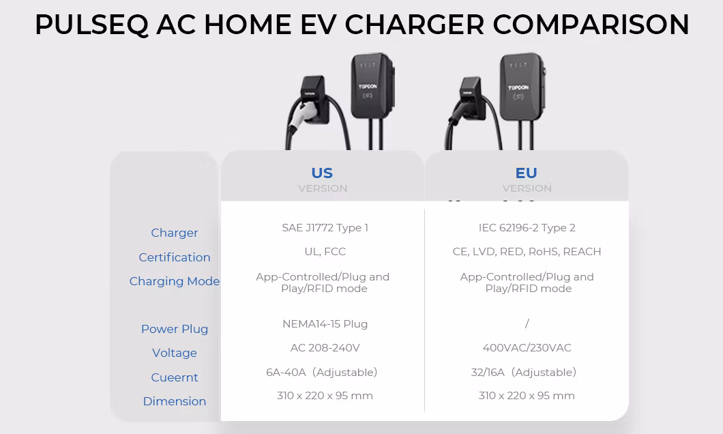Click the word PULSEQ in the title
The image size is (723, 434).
91,25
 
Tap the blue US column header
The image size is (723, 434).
322,173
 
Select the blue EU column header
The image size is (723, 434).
527,173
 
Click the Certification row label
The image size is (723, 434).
175,257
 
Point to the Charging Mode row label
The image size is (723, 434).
175,281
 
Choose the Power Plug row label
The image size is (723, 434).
175,329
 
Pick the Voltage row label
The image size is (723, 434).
175,353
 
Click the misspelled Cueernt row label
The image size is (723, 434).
175,377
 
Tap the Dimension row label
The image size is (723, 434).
175,401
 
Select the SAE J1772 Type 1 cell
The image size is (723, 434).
325,228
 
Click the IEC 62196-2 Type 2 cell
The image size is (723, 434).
527,228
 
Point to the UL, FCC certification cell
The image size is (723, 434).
325,252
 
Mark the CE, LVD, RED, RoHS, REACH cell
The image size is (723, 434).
527,252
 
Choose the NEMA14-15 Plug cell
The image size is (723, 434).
325,324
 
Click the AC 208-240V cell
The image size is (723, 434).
325,348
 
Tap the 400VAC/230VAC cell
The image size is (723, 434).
527,348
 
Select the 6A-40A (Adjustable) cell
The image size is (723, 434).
321,373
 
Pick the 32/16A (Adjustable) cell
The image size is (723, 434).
523,373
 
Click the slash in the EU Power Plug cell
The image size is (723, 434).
527,323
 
